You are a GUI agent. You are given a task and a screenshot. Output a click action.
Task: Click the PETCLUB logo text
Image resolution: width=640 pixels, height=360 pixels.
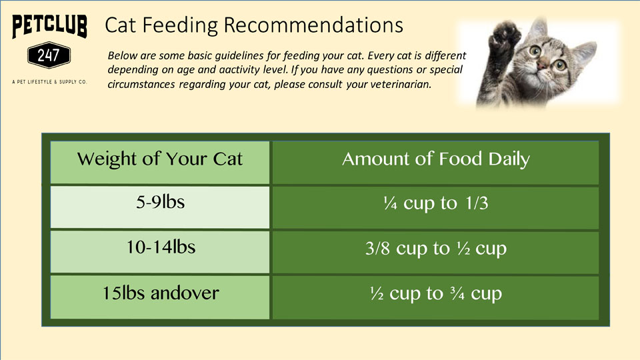(x=49, y=26)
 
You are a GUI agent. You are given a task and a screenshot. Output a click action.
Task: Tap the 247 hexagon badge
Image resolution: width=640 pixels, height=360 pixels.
(x=49, y=55)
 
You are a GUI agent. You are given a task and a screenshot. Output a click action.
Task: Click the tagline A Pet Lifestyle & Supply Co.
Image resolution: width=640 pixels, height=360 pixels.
(x=49, y=82)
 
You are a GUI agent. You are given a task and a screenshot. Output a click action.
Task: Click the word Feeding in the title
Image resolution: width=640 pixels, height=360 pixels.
(x=180, y=26)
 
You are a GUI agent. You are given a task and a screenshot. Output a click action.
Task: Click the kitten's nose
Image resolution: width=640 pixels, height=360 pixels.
(x=543, y=65)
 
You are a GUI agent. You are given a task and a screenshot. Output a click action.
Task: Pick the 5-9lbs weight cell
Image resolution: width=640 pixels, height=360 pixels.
(x=160, y=207)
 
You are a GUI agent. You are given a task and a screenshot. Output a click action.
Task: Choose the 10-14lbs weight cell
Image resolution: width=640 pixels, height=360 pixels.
(x=160, y=252)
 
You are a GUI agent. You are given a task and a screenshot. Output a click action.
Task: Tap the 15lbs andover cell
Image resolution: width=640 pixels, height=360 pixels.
(x=160, y=297)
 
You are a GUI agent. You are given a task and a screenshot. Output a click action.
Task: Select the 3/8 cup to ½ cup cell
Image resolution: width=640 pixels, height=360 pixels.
(x=435, y=253)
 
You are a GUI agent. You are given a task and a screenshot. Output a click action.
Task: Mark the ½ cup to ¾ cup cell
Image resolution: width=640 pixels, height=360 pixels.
(x=435, y=297)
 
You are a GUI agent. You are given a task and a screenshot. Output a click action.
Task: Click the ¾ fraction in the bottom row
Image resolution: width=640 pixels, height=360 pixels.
(x=457, y=293)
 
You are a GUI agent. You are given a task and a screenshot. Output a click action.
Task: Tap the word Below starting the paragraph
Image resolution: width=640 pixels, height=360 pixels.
(x=121, y=55)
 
